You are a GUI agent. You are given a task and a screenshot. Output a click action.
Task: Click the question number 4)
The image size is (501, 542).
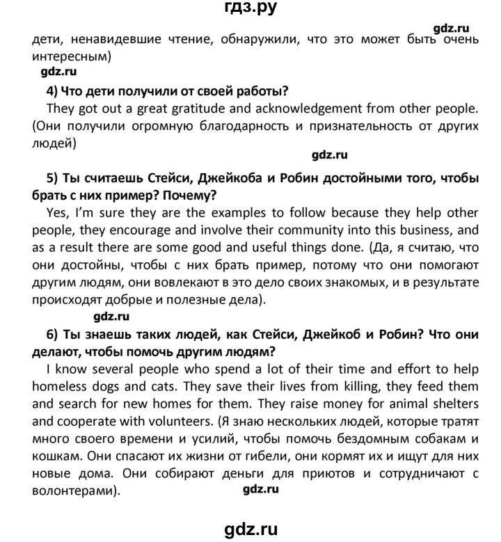(x=51, y=90)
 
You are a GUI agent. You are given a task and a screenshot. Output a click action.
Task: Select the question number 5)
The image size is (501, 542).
(x=52, y=177)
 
